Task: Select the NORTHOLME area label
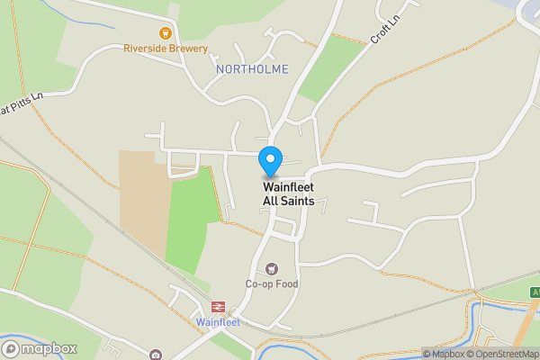click(x=253, y=68)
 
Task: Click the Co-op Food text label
click(x=272, y=284)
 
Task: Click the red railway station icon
click(x=217, y=307)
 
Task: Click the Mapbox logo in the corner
click(x=40, y=348)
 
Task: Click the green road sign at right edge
click(x=535, y=292)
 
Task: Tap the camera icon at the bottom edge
click(x=156, y=355)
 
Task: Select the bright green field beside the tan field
click(x=192, y=220)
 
